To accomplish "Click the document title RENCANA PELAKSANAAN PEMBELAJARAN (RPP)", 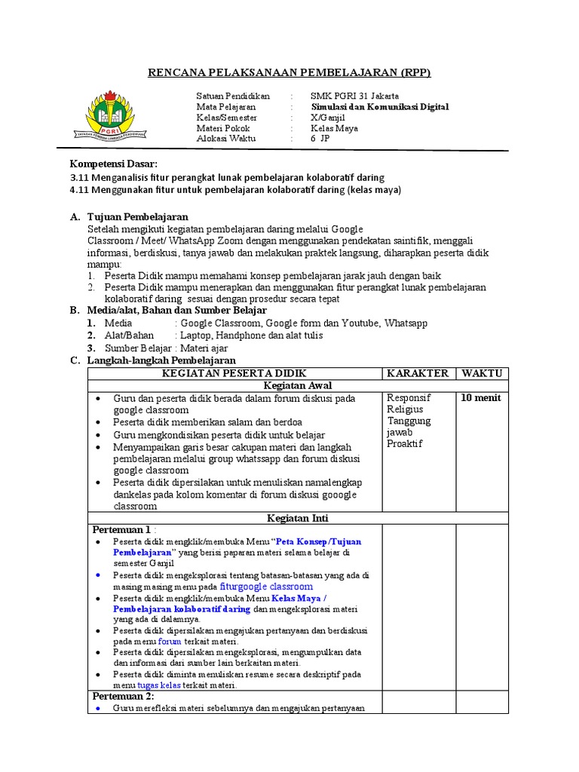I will tap(289, 72).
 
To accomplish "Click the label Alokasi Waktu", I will tap(226, 139).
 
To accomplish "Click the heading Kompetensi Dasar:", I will tap(114, 164).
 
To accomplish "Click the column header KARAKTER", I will tap(418, 373).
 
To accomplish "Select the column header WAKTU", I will tap(482, 373).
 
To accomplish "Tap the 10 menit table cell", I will tap(480, 397).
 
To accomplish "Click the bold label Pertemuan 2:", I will tap(122, 696).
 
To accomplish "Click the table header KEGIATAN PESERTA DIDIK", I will tap(234, 373).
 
